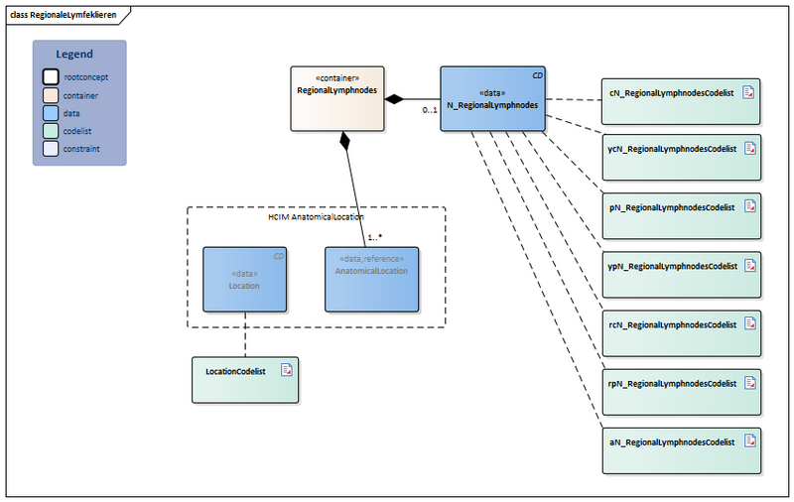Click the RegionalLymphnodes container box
[x=337, y=98]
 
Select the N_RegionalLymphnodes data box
[x=492, y=99]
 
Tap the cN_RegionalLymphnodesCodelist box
[x=681, y=100]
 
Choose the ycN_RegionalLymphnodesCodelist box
[x=681, y=158]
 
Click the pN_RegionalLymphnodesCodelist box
[x=681, y=215]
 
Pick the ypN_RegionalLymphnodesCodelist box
[x=681, y=274]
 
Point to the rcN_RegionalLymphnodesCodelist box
[x=681, y=332]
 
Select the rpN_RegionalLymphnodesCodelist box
[x=681, y=391]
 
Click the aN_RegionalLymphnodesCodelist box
[x=681, y=449]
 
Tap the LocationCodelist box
[x=244, y=379]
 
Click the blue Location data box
[x=244, y=278]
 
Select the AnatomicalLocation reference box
[x=371, y=278]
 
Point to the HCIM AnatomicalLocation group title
[x=316, y=215]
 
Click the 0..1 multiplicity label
[x=430, y=110]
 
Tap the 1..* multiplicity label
[x=376, y=238]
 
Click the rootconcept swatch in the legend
[x=51, y=76]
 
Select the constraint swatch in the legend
[x=51, y=149]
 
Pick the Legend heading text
[x=74, y=55]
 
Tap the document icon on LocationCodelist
[x=286, y=369]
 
